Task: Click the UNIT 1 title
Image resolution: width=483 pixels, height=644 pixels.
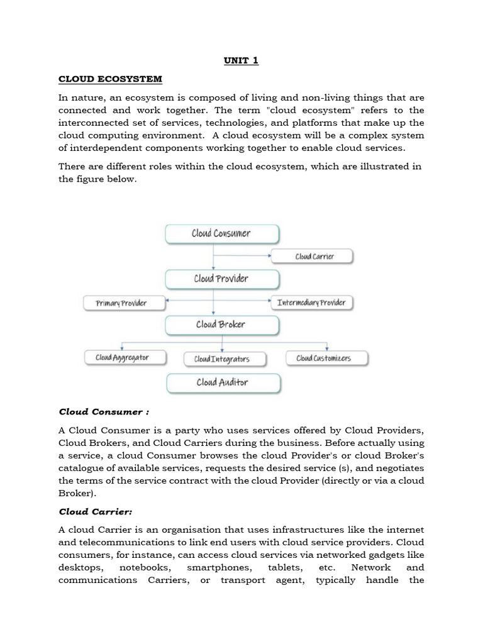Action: [241, 60]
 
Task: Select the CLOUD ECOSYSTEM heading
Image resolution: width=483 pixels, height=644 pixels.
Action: [110, 79]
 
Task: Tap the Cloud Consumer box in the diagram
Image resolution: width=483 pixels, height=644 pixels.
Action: [221, 234]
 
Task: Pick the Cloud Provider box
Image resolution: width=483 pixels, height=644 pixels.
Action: [221, 279]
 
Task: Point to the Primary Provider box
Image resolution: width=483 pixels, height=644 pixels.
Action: [124, 303]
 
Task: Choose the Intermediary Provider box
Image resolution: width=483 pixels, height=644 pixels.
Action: [311, 303]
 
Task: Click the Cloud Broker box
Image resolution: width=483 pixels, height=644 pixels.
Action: [221, 325]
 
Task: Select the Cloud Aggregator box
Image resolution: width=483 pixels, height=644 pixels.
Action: [125, 358]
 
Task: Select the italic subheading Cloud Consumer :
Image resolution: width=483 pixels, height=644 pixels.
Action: [104, 412]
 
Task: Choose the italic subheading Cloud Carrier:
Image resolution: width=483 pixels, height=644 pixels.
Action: [96, 511]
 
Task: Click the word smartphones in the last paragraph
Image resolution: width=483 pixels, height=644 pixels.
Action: [223, 567]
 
